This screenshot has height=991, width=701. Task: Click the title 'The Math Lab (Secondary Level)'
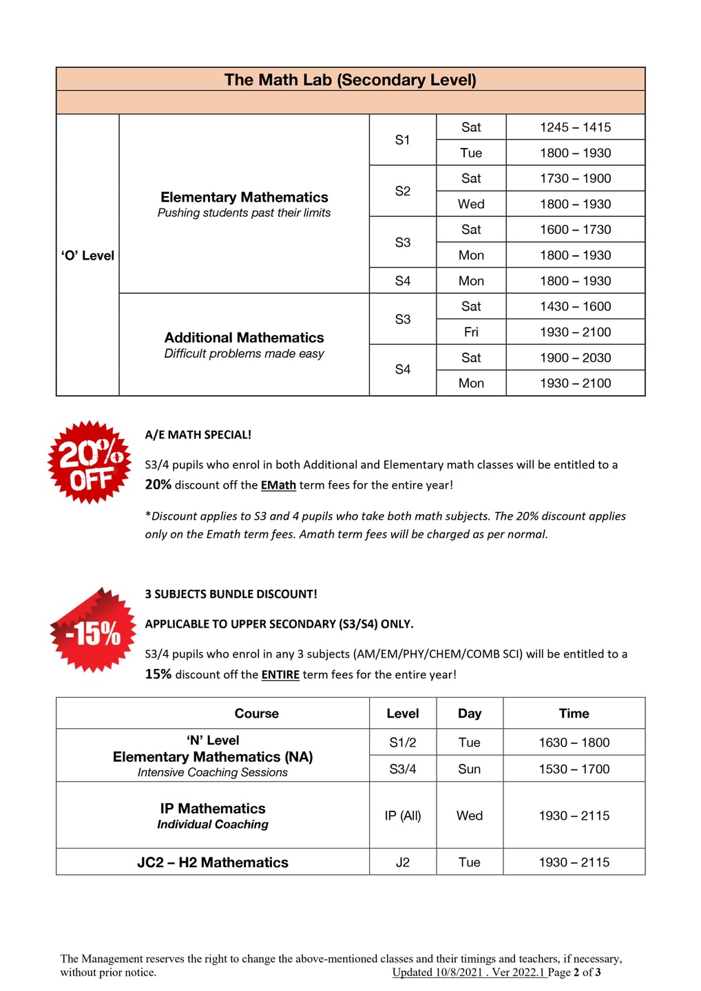click(350, 80)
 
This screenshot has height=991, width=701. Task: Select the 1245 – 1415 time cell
click(575, 127)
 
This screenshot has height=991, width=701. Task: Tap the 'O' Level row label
click(87, 255)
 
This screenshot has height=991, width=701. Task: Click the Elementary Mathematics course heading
click(244, 198)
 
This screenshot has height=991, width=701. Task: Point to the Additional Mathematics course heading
click(244, 338)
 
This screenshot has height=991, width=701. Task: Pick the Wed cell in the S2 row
click(471, 204)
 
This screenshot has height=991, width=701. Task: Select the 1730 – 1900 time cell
click(575, 179)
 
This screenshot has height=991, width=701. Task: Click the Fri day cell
click(471, 332)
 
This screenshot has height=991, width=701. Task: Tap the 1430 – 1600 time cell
click(575, 307)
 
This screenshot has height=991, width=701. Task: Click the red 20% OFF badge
click(90, 462)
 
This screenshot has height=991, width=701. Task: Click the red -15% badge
click(93, 632)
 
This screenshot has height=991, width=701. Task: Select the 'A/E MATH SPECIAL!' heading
click(198, 435)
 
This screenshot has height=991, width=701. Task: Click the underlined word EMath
click(278, 485)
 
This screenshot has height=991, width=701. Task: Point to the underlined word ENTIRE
click(280, 675)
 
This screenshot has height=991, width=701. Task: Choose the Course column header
click(256, 714)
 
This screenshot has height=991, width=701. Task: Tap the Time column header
click(574, 714)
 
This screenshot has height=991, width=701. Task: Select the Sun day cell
click(469, 769)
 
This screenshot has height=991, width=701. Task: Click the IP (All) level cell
click(403, 816)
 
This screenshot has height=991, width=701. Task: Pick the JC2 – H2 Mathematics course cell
click(213, 863)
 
